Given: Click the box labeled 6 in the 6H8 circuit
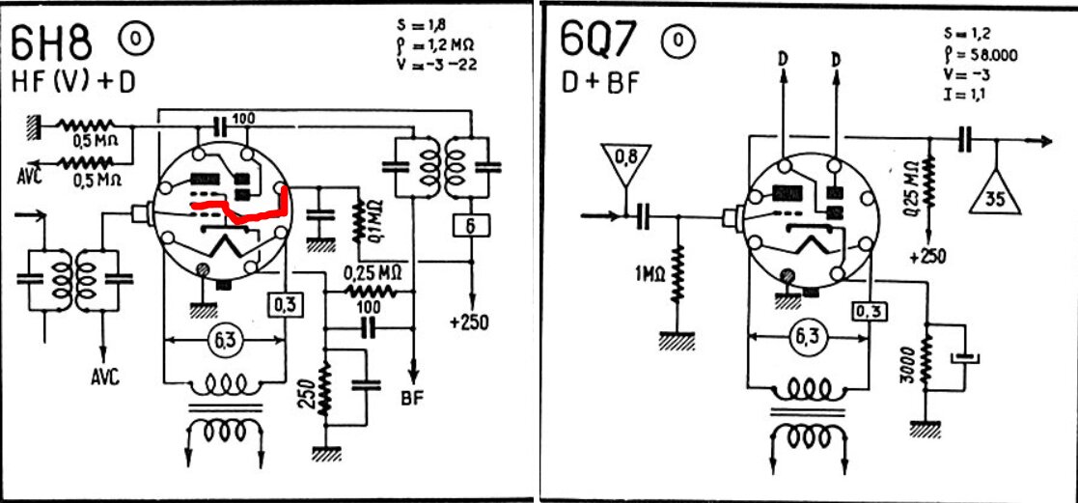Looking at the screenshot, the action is [x=471, y=225].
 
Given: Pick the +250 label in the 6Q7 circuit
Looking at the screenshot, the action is [x=926, y=257].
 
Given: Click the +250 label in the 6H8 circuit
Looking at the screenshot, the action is [x=470, y=322].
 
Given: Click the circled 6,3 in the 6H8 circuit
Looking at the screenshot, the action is [x=224, y=339].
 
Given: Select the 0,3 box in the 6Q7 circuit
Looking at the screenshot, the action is [x=871, y=312].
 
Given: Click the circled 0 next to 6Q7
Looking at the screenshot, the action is [x=677, y=42].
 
